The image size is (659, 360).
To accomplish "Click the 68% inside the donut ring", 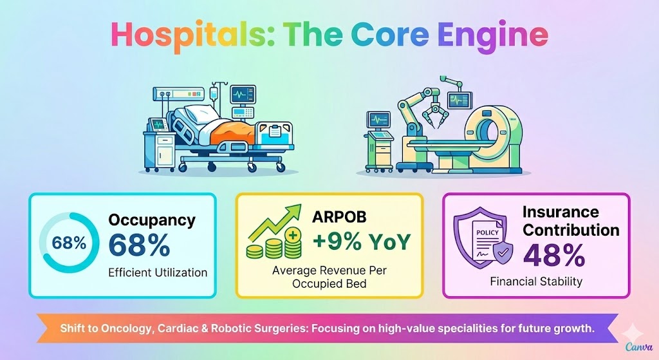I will [x=69, y=243].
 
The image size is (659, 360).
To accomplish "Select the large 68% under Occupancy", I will [x=139, y=245].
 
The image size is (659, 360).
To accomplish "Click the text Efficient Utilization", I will [x=158, y=272].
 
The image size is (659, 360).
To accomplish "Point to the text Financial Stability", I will [x=536, y=281].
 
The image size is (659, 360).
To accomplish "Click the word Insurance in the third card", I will [x=561, y=212].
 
